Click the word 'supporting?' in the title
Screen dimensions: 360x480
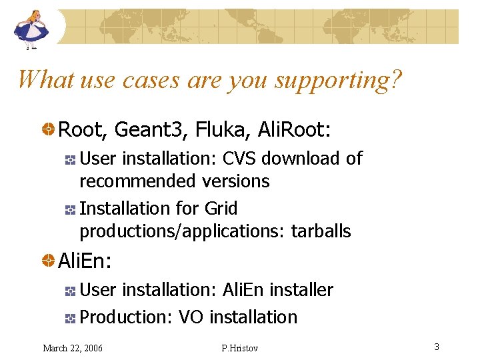coord(338,79)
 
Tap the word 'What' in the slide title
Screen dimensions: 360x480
coord(45,79)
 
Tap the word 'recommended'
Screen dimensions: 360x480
coord(135,181)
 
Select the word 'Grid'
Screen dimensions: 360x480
coord(221,208)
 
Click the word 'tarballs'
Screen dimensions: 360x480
coord(318,231)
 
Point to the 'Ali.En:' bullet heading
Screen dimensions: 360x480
coord(85,261)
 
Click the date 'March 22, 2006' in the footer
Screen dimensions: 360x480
coord(73,347)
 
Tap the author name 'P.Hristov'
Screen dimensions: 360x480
coord(239,347)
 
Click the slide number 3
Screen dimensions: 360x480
coord(436,347)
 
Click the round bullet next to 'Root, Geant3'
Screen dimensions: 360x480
coord(49,129)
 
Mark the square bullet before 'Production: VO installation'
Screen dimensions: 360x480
coord(70,318)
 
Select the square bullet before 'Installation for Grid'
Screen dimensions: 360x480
coord(70,209)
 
